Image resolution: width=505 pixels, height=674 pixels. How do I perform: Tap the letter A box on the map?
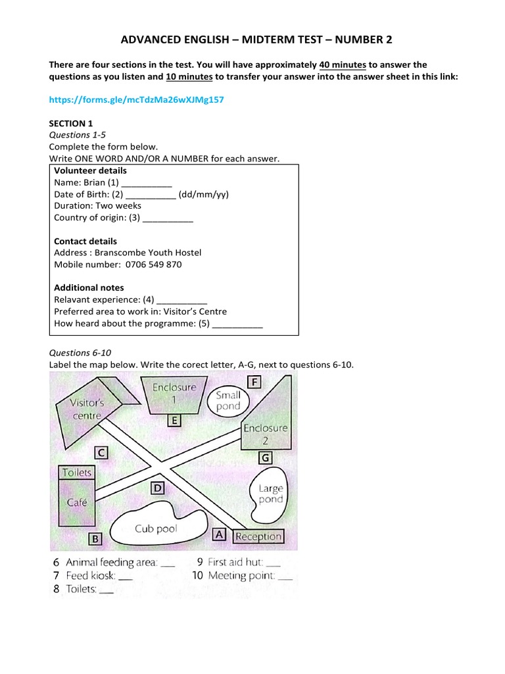[x=220, y=535]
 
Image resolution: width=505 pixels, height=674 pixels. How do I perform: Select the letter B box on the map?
[x=95, y=539]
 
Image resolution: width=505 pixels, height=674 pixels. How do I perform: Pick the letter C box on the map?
[x=101, y=453]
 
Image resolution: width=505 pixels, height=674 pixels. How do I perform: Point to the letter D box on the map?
[x=158, y=488]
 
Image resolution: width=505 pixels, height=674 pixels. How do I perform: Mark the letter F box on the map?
[x=254, y=382]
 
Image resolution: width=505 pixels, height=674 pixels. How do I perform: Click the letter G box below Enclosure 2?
[x=265, y=457]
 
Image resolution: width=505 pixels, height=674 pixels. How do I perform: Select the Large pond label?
[x=270, y=494]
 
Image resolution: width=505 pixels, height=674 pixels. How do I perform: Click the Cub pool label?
[x=156, y=529]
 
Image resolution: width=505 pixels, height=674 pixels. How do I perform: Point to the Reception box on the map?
[x=258, y=536]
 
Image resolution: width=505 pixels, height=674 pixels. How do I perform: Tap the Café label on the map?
[x=76, y=502]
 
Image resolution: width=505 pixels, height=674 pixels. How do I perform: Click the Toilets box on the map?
[x=77, y=473]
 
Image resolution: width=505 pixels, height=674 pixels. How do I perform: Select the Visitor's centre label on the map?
[x=87, y=409]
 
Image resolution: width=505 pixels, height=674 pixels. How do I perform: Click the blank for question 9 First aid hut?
[x=274, y=563]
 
